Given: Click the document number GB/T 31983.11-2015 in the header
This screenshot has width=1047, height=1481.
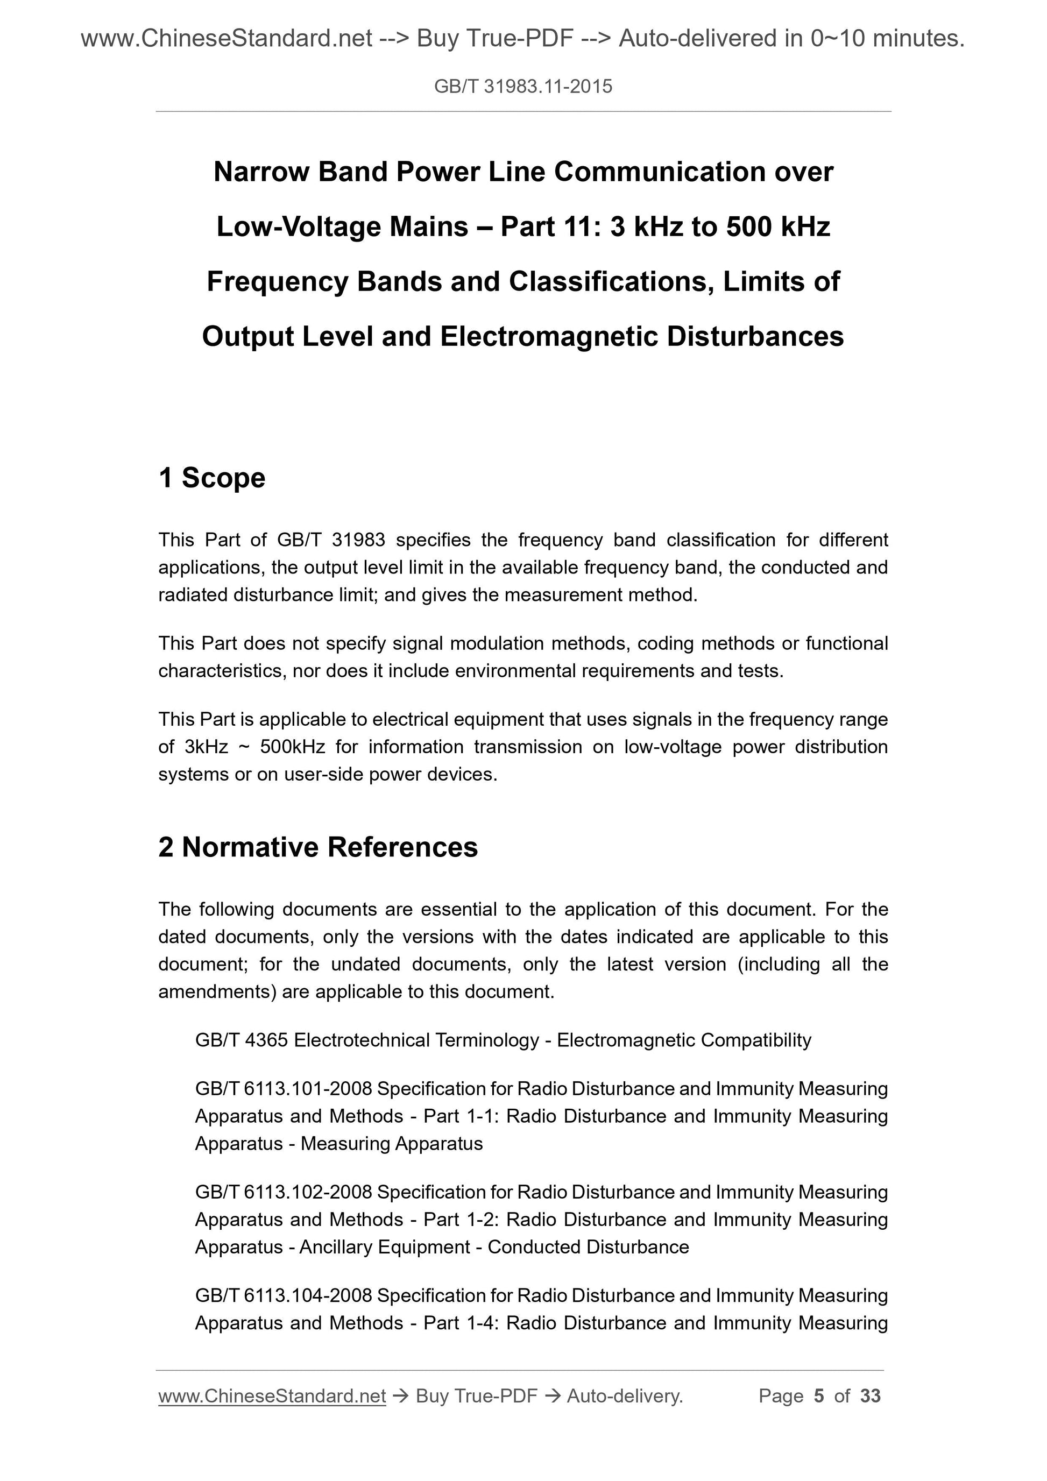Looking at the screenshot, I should point(523,87).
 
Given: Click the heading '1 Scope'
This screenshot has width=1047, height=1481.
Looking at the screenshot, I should point(211,478).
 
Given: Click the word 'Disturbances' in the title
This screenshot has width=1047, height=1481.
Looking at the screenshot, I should point(755,337).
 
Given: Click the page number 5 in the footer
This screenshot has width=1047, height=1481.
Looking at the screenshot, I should point(819,1396).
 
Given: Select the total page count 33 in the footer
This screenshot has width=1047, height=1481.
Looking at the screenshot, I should point(870,1396).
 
